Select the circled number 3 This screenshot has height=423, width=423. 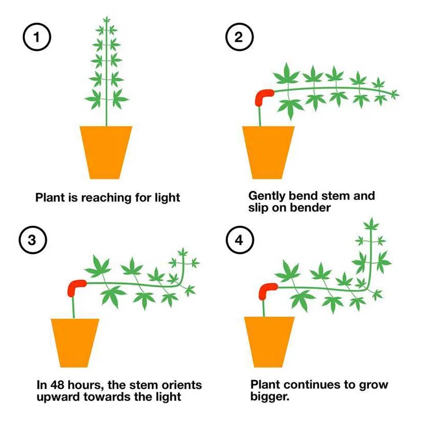point(32,239)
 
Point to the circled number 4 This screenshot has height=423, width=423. point(240,239)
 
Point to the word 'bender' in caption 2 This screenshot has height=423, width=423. point(312,208)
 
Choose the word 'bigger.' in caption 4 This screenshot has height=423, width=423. point(270,397)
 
